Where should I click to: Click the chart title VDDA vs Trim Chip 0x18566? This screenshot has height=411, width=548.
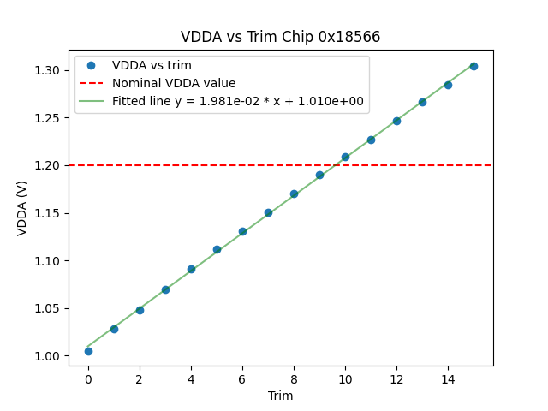(280, 37)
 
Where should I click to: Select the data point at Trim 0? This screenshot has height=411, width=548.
(88, 351)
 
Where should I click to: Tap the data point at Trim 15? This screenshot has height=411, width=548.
(474, 66)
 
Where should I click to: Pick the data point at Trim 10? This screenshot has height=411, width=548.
(345, 157)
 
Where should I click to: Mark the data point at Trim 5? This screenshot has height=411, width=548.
(217, 249)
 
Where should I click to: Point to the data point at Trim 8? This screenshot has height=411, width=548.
(294, 194)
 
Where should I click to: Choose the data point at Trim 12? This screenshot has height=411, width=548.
(396, 121)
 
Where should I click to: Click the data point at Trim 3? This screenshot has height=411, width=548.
(165, 289)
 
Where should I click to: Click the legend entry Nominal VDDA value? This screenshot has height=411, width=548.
(174, 84)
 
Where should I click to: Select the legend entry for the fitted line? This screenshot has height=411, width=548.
(238, 101)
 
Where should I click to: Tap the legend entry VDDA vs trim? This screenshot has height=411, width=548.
(152, 66)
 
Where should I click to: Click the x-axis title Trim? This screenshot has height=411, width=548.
(280, 396)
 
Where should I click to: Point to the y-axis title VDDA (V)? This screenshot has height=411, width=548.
(23, 207)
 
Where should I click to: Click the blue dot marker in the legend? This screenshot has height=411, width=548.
(92, 66)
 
